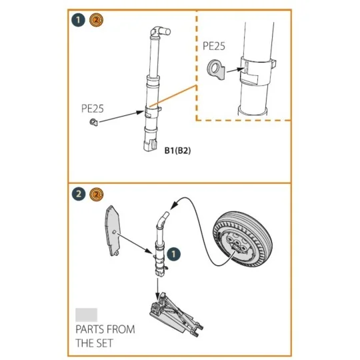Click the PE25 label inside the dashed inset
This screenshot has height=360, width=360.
point(215,47)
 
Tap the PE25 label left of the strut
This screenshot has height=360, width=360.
point(93,107)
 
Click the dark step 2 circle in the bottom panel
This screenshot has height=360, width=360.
point(79,194)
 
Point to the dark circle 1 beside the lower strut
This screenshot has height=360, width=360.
point(173,254)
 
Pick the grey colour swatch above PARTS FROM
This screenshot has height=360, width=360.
point(87,314)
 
